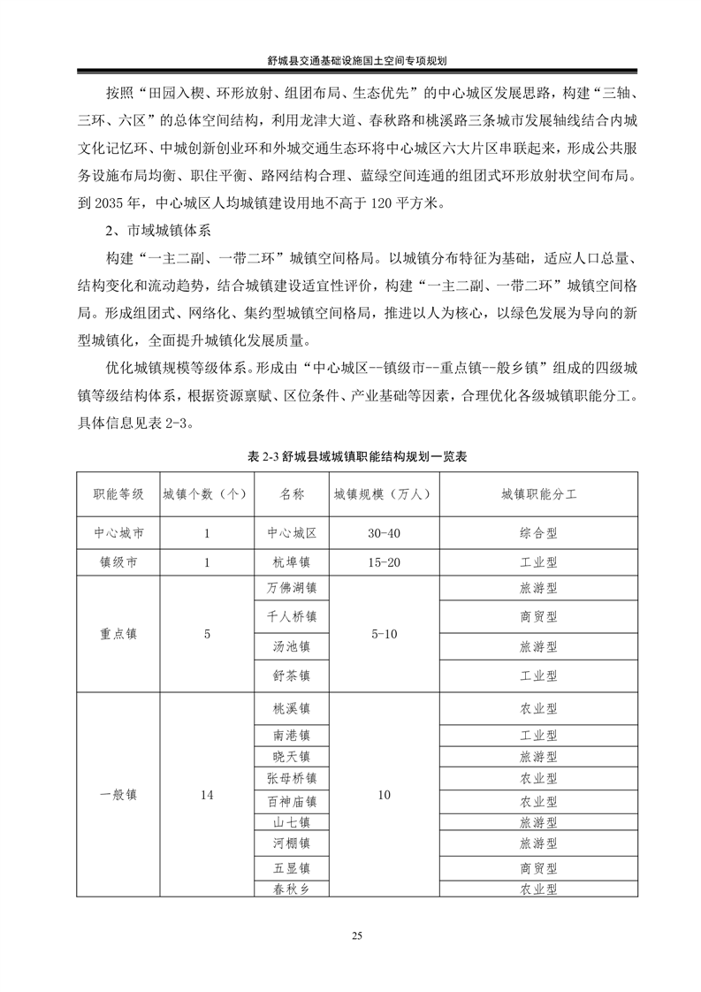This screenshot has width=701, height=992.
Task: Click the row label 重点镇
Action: coord(118,634)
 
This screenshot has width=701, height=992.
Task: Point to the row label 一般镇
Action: coord(118,795)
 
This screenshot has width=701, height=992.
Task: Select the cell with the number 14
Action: coord(207,795)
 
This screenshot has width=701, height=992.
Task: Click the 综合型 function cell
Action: coord(538,535)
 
